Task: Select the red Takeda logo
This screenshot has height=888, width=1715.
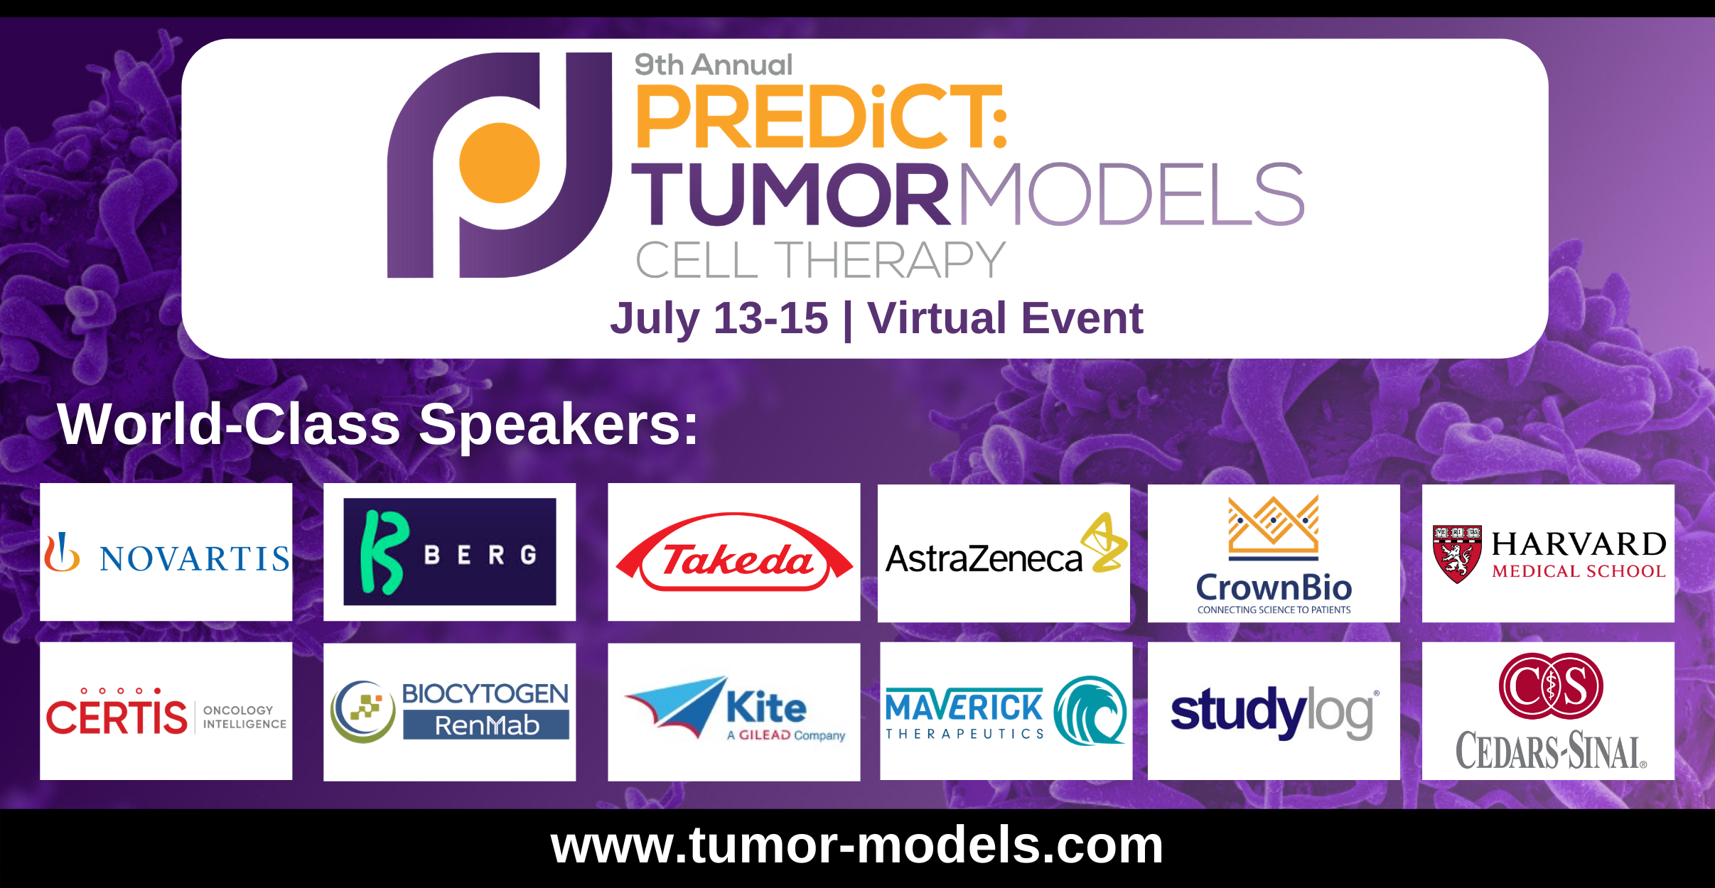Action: click(x=734, y=552)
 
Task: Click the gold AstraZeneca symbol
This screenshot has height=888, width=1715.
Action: click(x=1104, y=542)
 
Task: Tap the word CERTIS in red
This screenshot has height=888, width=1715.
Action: click(x=117, y=716)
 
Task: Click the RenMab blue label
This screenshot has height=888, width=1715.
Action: click(x=486, y=725)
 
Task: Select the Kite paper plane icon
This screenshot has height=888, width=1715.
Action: click(x=675, y=706)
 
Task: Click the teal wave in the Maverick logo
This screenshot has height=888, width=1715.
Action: click(x=1090, y=710)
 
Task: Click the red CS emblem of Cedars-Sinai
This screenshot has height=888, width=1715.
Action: click(x=1551, y=686)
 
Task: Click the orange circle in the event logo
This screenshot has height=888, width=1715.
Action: click(x=500, y=163)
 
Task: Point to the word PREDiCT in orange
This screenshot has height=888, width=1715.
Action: click(x=822, y=117)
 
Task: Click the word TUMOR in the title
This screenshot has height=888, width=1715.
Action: click(x=791, y=193)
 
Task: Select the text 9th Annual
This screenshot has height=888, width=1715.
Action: click(x=713, y=65)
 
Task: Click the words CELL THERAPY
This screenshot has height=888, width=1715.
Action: click(x=821, y=260)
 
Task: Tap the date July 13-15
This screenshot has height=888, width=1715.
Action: click(x=719, y=318)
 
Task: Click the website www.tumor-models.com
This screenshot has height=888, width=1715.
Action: click(x=857, y=845)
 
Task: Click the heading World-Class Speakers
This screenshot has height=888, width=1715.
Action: click(x=378, y=424)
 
